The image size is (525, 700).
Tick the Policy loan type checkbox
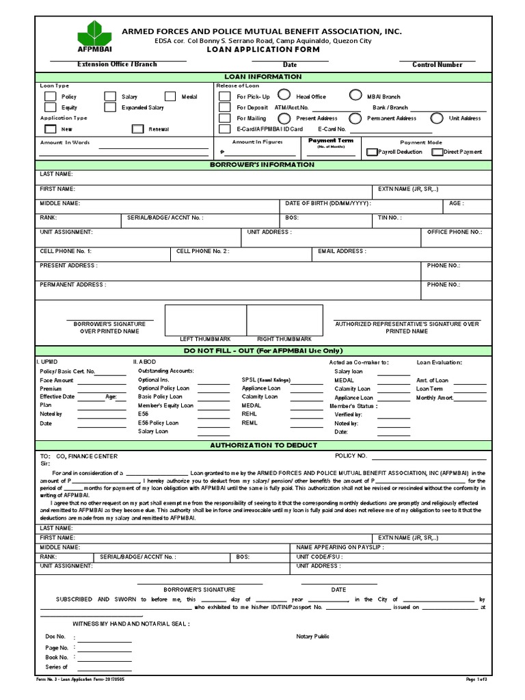(50, 97)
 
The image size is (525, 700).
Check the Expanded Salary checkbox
(110, 107)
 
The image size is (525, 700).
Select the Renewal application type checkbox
(137, 129)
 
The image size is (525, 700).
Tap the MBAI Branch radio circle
(355, 96)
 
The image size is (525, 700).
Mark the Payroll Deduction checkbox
(373, 152)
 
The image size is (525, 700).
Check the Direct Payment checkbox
(437, 152)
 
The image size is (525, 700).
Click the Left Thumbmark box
(205, 319)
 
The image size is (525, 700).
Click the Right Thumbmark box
(284, 319)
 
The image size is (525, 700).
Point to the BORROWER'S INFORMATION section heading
(262, 165)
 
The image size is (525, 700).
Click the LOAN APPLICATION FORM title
(262, 51)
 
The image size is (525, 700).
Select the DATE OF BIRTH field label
(327, 204)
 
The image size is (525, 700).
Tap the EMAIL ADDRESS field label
(342, 251)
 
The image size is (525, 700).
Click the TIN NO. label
(390, 218)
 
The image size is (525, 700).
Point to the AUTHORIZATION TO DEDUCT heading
(262, 445)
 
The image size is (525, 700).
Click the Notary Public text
(312, 636)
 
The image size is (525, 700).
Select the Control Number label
(437, 65)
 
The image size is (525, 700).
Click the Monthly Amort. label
(435, 397)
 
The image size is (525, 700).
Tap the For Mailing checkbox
(224, 118)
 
